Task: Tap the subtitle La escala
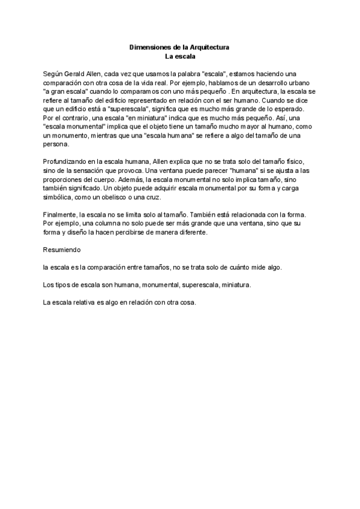[x=180, y=56]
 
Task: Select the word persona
[x=56, y=144]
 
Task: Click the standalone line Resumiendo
[x=62, y=248]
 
